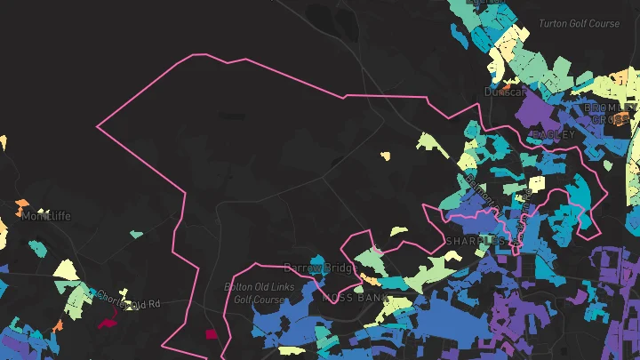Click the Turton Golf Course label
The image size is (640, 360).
[x=580, y=23]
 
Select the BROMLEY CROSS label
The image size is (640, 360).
[x=610, y=113]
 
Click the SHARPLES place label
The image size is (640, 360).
[x=476, y=241]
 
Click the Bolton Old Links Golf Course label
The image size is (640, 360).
[x=254, y=293]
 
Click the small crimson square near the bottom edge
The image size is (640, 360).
[x=212, y=334]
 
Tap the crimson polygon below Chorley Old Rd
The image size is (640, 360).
[x=107, y=322]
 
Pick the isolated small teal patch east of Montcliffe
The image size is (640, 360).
[x=136, y=235]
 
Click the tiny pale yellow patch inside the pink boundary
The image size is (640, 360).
[x=385, y=156]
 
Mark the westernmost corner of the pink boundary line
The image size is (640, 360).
[x=97, y=127]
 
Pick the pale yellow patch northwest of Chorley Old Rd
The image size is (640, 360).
[x=66, y=268]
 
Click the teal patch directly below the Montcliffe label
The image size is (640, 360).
[x=37, y=247]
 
